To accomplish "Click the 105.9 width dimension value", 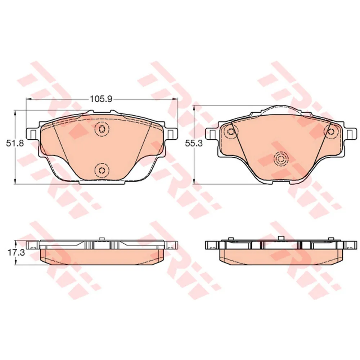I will [x=99, y=98].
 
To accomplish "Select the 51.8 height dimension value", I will [x=15, y=143].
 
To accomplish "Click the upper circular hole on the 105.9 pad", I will [x=102, y=129].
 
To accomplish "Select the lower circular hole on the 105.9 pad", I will [x=102, y=170].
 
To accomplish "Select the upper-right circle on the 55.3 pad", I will [x=330, y=131].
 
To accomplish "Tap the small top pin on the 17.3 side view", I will [x=102, y=238].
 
